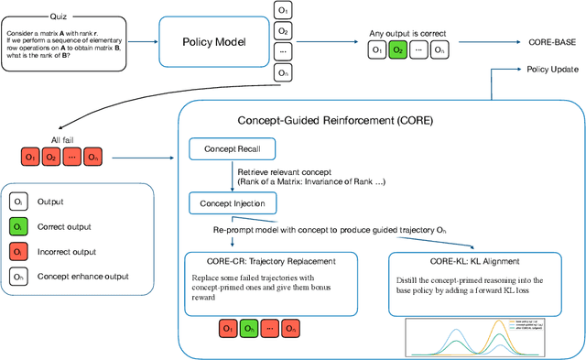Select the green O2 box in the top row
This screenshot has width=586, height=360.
(x=396, y=51)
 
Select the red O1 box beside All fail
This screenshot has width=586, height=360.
(x=31, y=158)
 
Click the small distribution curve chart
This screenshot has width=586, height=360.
(x=482, y=336)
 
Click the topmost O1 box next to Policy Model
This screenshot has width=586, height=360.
(x=284, y=10)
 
